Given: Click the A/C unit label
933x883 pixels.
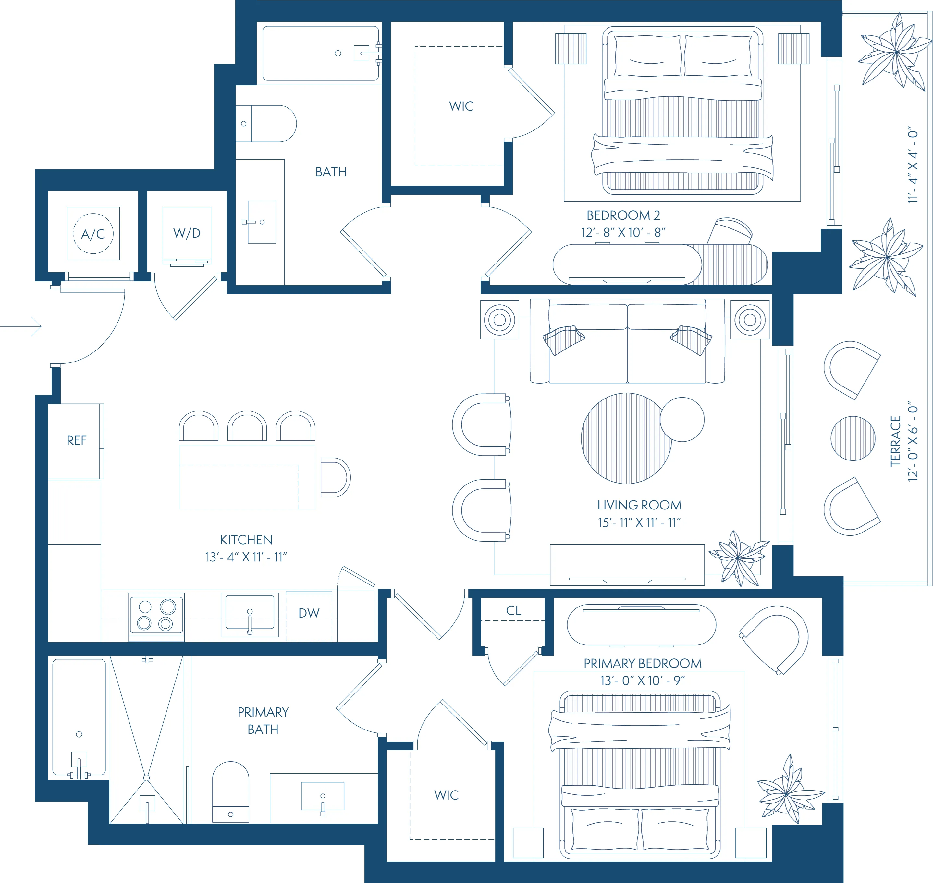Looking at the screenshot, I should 93,234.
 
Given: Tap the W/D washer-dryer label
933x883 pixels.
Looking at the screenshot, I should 187,233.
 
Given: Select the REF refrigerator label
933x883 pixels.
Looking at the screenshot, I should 76,441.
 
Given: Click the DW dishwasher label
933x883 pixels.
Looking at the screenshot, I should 309,613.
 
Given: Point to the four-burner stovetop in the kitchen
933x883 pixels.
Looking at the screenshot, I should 156,615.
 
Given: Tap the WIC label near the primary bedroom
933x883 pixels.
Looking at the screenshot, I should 446,795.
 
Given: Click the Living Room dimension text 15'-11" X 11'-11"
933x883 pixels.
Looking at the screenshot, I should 639,522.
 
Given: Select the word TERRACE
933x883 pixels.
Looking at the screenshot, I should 895,441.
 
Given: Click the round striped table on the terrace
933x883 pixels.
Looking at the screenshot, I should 853,438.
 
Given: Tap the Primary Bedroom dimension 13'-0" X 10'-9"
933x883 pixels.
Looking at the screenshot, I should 642,681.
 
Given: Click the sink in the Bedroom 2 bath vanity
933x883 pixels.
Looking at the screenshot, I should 262,222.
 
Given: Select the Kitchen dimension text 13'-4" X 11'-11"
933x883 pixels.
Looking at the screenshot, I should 246,557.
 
